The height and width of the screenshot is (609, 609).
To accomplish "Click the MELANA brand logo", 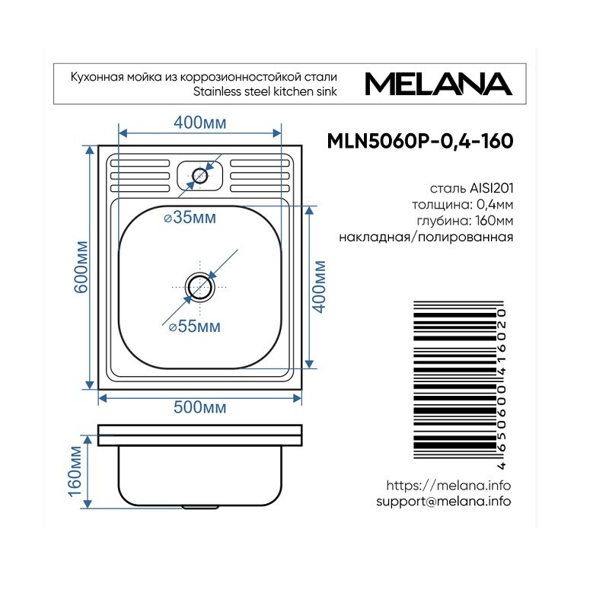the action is click(438, 84).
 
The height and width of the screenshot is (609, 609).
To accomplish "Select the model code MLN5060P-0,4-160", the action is click(420, 141).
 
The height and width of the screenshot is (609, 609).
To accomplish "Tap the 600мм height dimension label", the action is click(81, 267).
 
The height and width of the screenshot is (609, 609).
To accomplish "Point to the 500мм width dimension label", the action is click(199, 407).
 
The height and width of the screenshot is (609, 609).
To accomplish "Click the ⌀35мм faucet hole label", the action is click(190, 218).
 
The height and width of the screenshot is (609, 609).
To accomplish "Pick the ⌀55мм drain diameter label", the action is click(195, 327).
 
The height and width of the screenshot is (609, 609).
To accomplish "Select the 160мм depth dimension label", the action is click(75, 471).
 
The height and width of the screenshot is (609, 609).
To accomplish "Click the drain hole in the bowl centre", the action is click(199, 288).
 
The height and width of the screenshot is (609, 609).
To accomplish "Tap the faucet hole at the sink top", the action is click(200, 176).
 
